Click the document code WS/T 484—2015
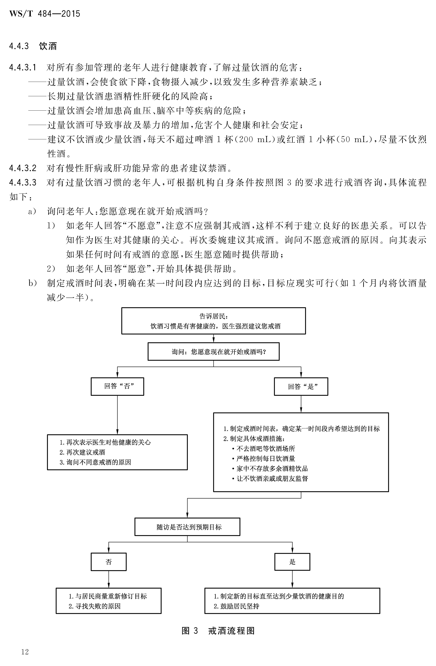45,14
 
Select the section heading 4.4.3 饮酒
33,46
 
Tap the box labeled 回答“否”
117,386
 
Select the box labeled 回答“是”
301,386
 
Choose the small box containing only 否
108,562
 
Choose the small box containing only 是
292,562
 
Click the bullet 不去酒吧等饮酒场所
263,449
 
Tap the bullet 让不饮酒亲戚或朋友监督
270,479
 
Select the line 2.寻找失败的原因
95,606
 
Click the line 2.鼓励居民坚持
236,606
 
